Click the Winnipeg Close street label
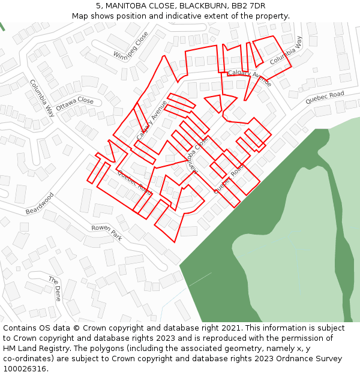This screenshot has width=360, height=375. coord(131,46)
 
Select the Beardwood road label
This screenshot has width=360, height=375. coord(40,203)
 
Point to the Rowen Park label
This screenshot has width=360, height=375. coord(107,233)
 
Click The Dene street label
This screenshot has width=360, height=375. coord(55,289)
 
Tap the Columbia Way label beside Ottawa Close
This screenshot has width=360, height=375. coord(42,97)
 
